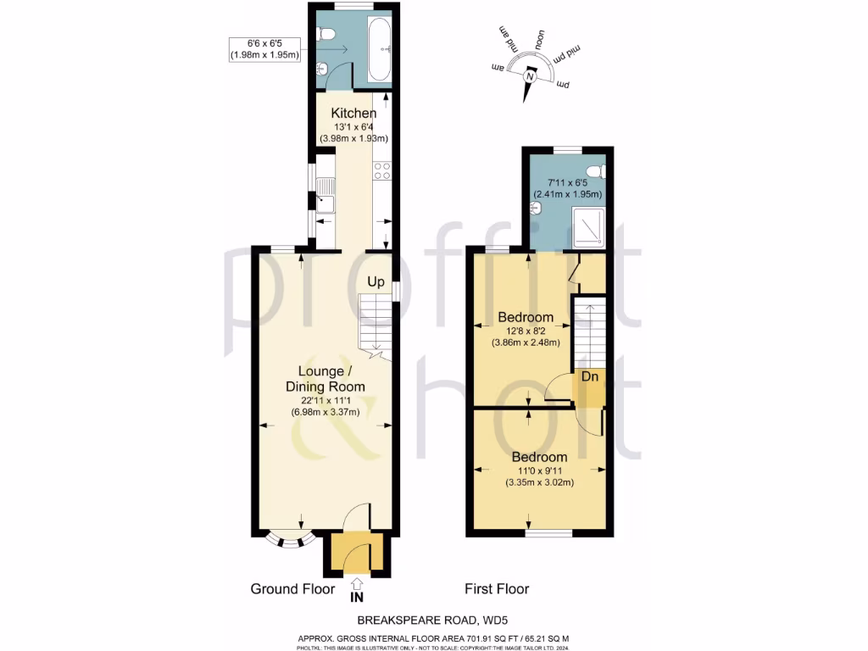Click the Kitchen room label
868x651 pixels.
pyautogui.click(x=353, y=114)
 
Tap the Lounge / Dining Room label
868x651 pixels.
pyautogui.click(x=331, y=379)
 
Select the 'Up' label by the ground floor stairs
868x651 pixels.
pyautogui.click(x=377, y=281)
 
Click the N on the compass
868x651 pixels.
pyautogui.click(x=531, y=77)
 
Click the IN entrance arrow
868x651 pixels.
pyautogui.click(x=357, y=587)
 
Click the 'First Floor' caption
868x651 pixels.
pyautogui.click(x=497, y=588)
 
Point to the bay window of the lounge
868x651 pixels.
pyautogui.click(x=286, y=540)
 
